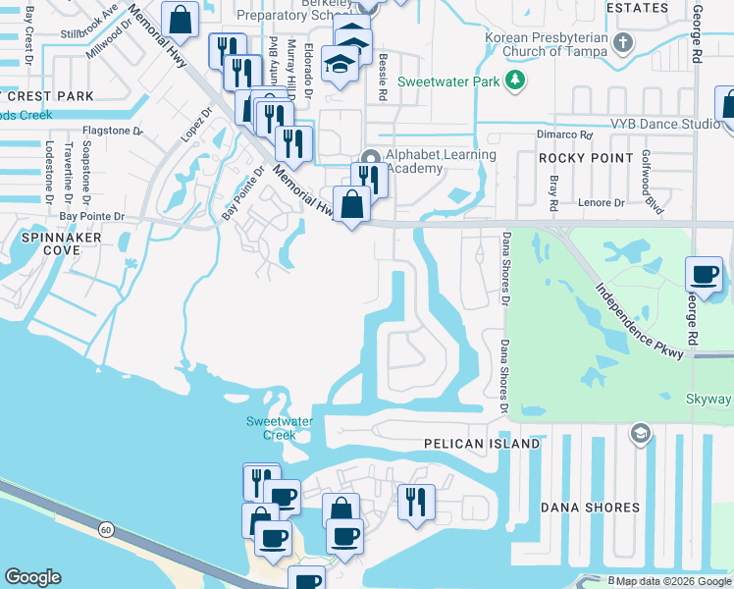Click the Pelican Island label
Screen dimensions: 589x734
point(482,444)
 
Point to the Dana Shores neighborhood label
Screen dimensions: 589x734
point(591,508)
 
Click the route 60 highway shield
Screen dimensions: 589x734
point(105,530)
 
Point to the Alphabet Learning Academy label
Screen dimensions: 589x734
point(441,162)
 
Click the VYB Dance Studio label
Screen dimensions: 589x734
point(664,125)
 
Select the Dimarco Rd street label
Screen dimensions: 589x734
point(564,134)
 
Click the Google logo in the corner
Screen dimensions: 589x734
point(33,577)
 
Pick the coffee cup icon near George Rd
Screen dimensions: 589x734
point(705,275)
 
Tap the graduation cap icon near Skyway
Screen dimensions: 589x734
point(640,434)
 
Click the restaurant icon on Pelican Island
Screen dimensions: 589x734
point(416,502)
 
